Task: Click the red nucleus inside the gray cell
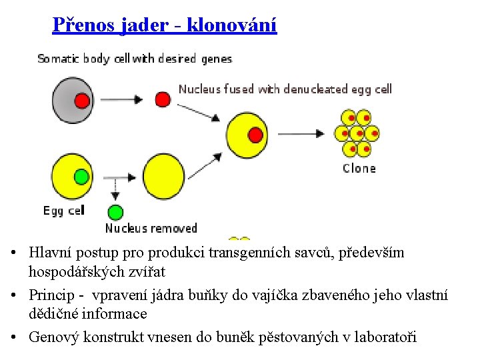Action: click(81, 100)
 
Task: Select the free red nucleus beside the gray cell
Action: click(163, 100)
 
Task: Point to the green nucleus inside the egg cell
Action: click(81, 177)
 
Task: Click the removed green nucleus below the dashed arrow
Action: click(115, 213)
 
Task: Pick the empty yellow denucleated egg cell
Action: click(163, 177)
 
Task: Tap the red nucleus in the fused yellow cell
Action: click(255, 135)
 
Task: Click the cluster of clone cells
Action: click(357, 133)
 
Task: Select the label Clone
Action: click(359, 168)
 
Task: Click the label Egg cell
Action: click(64, 211)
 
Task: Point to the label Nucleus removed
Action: click(151, 228)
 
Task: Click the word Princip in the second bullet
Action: click(51, 295)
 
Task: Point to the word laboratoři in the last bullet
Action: click(387, 337)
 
